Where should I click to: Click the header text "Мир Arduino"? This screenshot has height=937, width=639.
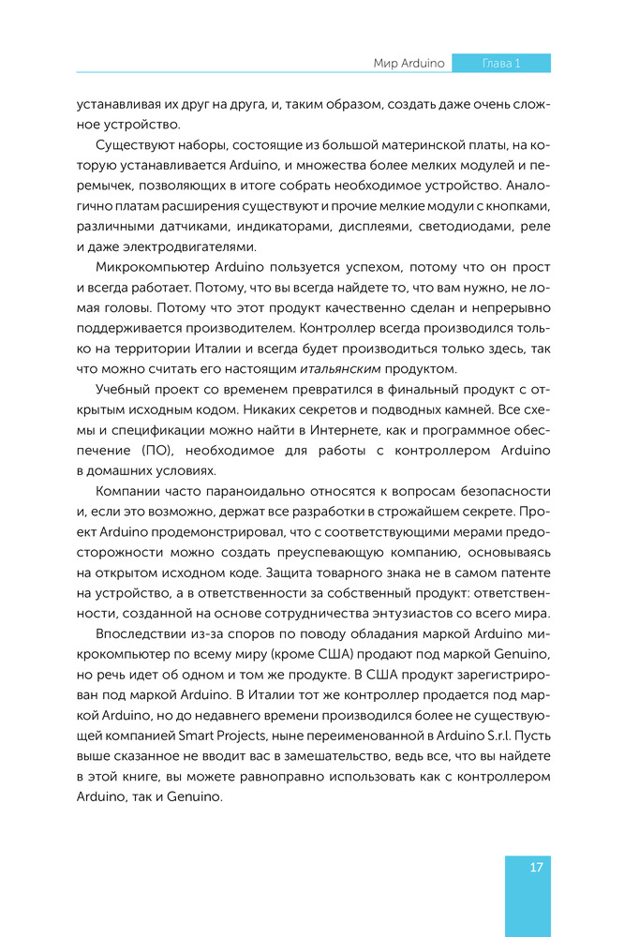pyautogui.click(x=409, y=63)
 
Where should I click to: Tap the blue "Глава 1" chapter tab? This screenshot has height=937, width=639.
pyautogui.click(x=500, y=63)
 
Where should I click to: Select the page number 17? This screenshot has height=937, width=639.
pyautogui.click(x=536, y=867)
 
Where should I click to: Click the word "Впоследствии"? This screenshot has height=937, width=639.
pyautogui.click(x=141, y=633)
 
